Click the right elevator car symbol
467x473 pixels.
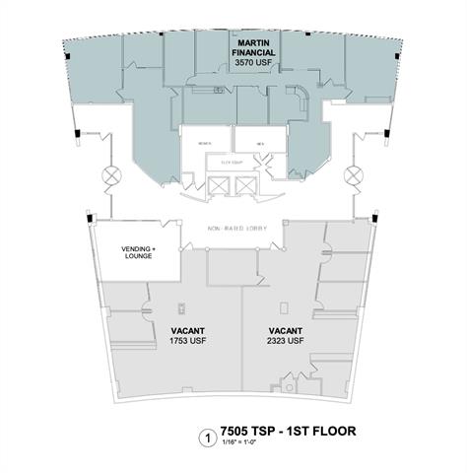[243, 185]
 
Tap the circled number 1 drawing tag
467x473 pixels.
[207, 435]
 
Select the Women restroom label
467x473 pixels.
[204, 143]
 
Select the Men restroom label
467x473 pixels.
[260, 143]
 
